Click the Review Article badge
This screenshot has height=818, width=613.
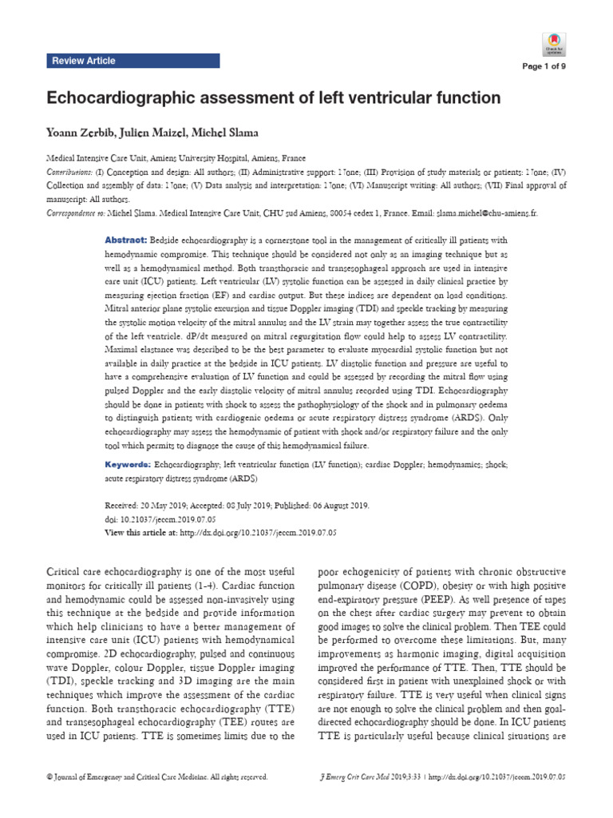[x=83, y=61]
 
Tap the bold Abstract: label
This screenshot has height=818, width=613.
[x=126, y=240]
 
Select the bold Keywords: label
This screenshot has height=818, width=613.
[x=129, y=464]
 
